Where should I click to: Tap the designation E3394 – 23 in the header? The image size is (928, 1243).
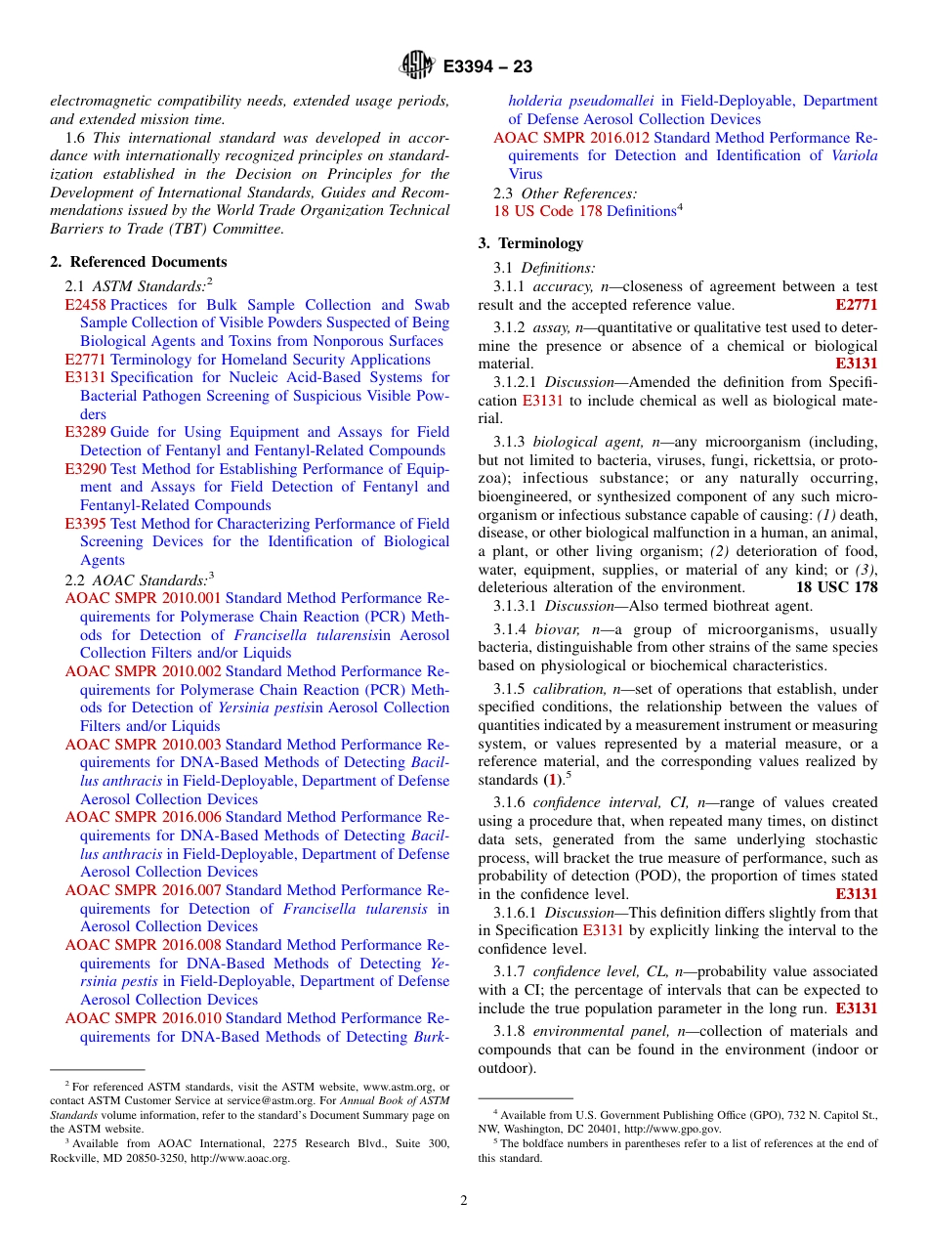[487, 66]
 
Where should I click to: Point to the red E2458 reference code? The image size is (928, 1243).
[85, 305]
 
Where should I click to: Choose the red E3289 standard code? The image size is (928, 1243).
[85, 432]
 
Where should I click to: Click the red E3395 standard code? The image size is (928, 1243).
[85, 524]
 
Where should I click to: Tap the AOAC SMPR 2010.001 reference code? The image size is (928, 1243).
[143, 598]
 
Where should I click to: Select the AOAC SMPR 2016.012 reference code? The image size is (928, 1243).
[570, 138]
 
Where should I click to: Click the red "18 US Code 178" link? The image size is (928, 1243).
[547, 211]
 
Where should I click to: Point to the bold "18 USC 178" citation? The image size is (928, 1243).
[836, 587]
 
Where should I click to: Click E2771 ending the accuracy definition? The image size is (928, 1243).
[856, 306]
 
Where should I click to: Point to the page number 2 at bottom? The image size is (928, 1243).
[464, 1201]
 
